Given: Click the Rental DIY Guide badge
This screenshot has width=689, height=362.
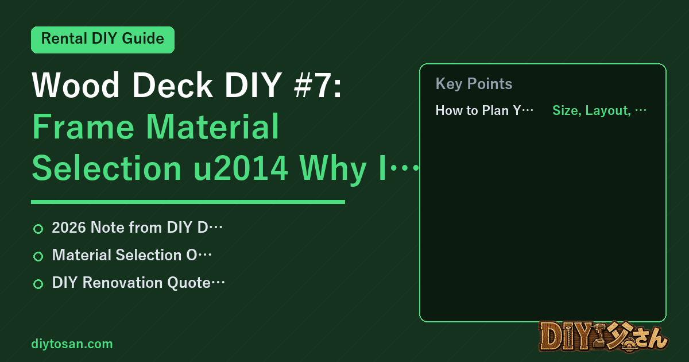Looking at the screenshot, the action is [x=103, y=40].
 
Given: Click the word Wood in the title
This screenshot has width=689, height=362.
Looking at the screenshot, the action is [x=76, y=85].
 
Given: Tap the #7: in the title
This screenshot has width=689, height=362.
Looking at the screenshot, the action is [x=318, y=85].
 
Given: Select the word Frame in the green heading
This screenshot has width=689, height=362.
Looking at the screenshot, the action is [x=83, y=126].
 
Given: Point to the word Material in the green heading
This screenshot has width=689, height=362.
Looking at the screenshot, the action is [x=212, y=126].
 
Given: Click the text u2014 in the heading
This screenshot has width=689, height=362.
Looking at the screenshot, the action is [x=241, y=168].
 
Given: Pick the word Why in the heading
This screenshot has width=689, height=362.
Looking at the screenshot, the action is [x=334, y=170].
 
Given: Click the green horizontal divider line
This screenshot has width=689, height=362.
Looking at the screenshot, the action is [x=188, y=202].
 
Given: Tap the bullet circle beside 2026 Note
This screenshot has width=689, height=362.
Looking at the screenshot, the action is [x=38, y=229].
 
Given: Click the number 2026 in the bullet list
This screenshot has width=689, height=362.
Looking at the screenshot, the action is [x=69, y=228].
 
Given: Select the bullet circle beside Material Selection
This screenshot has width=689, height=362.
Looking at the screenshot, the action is [x=38, y=256].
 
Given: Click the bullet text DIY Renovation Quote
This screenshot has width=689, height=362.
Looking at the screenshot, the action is [x=131, y=283].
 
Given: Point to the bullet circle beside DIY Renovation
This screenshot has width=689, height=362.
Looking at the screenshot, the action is [x=38, y=284].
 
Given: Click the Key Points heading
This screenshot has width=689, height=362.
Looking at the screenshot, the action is [x=474, y=84].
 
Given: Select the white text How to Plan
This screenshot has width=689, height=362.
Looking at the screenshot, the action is [x=472, y=110].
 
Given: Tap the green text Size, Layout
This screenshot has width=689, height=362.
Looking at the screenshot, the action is [x=591, y=110].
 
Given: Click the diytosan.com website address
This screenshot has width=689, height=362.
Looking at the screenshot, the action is [x=72, y=344].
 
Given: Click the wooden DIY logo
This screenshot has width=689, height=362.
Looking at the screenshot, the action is [x=604, y=337].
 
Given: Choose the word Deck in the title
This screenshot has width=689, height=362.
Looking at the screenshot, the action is [x=172, y=85].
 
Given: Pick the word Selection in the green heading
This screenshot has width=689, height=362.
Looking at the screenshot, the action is [x=107, y=168].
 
